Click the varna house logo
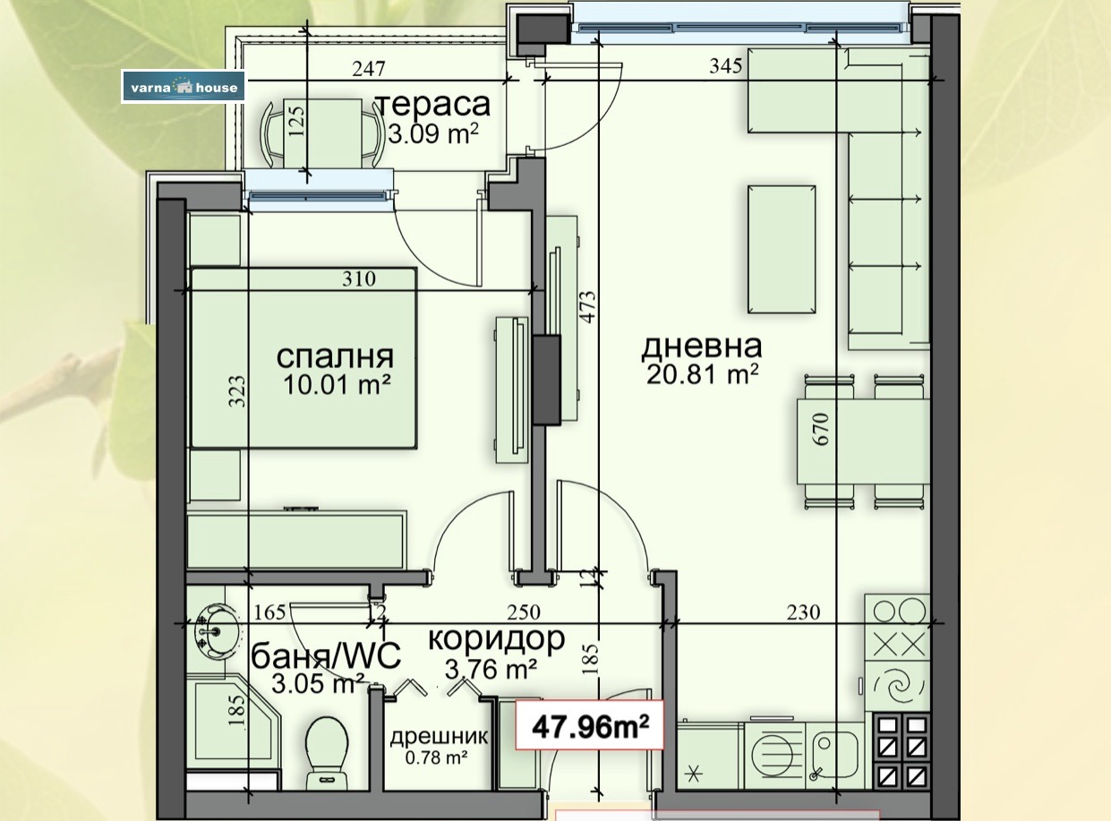coord(184,87)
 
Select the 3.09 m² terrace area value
coord(434,133)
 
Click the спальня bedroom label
coord(335,357)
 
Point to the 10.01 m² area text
coord(337,385)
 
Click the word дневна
coord(702,346)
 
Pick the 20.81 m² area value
coord(702,374)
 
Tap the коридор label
coord(497,639)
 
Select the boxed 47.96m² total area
coord(590,726)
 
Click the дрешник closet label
coord(439,736)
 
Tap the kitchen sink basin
coord(834,751)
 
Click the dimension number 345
coord(726,65)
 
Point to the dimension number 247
coord(369,69)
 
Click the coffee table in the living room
coord(782,250)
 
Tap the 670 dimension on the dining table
coord(822,429)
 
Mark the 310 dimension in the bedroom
coord(359,278)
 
